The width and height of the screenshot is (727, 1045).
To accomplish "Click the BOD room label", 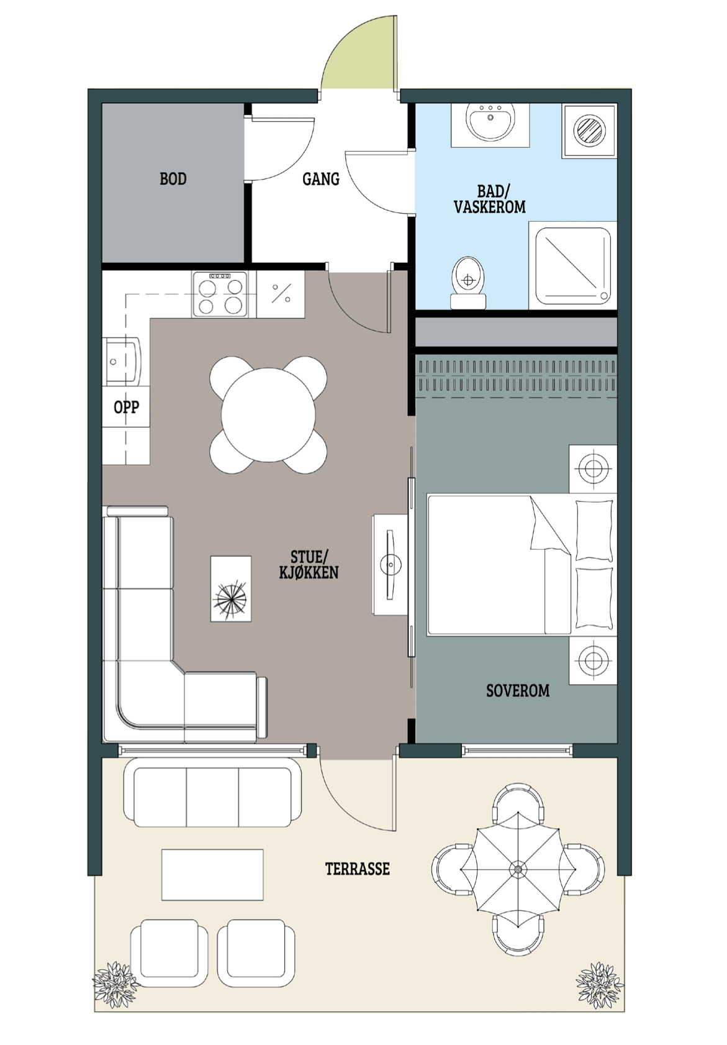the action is [x=173, y=179].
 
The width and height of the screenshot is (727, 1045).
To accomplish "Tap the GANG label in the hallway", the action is [x=321, y=179].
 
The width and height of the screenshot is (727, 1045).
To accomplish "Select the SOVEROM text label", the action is [x=518, y=690].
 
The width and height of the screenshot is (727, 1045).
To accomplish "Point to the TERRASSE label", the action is [x=357, y=869].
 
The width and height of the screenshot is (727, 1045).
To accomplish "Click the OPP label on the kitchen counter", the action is [x=127, y=407].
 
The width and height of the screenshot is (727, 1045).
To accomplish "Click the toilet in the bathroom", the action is [x=469, y=282].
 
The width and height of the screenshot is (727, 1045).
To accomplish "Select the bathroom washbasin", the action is [x=490, y=122].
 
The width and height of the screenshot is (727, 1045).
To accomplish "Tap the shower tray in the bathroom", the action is [x=573, y=265].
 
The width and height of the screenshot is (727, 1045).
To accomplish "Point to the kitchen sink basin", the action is [x=121, y=362].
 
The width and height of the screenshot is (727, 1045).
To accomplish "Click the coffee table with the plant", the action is [x=230, y=589].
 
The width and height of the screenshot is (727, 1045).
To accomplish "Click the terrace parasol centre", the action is [x=518, y=869].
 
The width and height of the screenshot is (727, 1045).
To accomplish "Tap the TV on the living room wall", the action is [x=390, y=565].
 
